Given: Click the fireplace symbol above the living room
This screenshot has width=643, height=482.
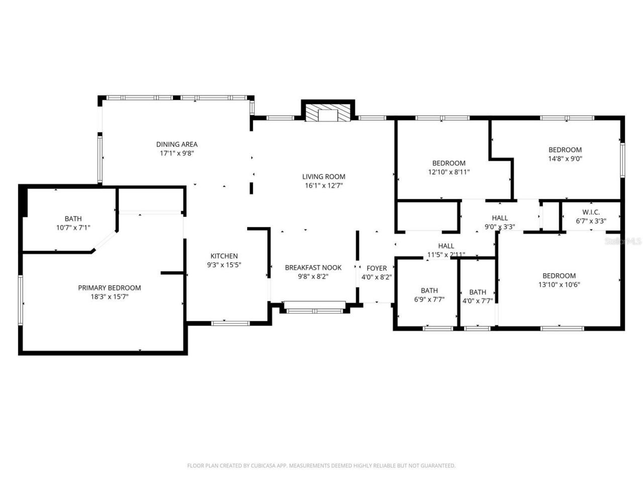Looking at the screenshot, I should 328,113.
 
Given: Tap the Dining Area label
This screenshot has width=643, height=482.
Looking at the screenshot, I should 177,145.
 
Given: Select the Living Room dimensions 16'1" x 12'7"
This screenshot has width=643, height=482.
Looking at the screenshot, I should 324,185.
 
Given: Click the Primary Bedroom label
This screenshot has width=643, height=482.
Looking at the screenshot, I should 110,288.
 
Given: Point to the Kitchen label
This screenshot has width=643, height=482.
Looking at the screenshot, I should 224,256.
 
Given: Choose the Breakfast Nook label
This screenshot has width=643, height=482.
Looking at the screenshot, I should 313,268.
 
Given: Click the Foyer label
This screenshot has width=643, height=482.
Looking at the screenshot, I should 376,268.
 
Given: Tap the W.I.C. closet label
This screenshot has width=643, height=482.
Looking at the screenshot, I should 591,212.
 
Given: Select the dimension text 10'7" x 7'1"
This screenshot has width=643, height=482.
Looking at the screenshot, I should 73,227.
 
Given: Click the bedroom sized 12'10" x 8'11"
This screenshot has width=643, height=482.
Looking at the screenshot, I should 449,167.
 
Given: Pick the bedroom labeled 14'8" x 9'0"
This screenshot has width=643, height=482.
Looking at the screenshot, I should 565,154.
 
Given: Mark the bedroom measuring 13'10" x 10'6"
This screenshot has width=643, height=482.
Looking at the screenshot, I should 559,280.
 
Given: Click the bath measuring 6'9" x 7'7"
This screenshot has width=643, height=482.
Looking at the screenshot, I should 429,295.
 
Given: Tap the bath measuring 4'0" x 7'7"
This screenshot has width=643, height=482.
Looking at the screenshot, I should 477,296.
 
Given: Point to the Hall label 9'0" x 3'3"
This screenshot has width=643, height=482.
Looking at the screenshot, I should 499,222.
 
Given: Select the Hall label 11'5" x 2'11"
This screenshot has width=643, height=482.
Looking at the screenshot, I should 446,250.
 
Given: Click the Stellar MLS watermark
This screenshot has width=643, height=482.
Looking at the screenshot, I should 623,241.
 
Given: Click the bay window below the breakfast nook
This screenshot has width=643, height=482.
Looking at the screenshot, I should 314,307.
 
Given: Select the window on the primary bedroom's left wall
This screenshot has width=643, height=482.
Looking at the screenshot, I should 21,300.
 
